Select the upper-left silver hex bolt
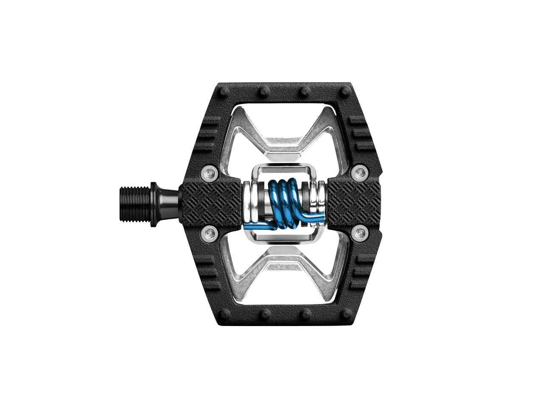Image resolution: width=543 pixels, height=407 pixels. [209, 173]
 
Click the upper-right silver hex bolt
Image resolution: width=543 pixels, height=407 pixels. [360, 173]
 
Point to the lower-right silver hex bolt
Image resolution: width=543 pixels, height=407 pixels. [360, 232]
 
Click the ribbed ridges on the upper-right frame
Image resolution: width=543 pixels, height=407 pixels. [361, 134]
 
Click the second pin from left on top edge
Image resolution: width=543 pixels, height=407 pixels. [264, 91]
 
